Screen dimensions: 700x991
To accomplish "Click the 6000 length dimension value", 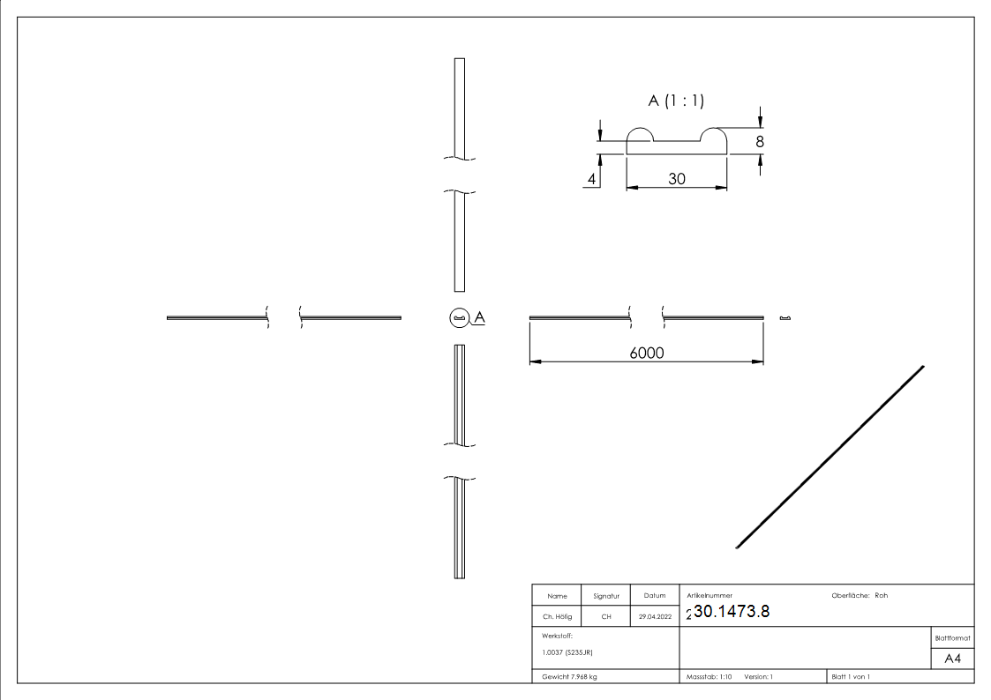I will tap(646, 353).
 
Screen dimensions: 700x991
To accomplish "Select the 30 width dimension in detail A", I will tap(677, 178).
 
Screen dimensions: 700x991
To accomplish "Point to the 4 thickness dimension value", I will tap(592, 179).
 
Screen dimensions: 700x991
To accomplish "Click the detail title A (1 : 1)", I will tap(676, 101).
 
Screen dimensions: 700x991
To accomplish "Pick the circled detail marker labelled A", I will tap(458, 317).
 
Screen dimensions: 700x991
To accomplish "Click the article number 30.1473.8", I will tap(732, 612).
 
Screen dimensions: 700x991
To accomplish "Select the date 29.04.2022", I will tap(654, 617).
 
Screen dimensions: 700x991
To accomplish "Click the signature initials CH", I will tap(606, 617).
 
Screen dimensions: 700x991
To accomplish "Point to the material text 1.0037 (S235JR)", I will tap(567, 652).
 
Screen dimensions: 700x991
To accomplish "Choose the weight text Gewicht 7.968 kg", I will tap(570, 676).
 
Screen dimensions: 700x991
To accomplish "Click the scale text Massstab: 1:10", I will tap(709, 676).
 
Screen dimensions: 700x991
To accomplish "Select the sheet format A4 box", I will tap(952, 659).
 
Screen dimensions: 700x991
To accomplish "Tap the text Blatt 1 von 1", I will tap(851, 676).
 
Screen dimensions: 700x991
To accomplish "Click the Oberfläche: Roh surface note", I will tap(860, 595).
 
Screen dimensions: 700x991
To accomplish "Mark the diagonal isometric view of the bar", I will tap(830, 457).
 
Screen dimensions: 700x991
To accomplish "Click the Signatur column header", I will tap(605, 596).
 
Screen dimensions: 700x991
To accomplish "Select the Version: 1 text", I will tap(758, 676).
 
